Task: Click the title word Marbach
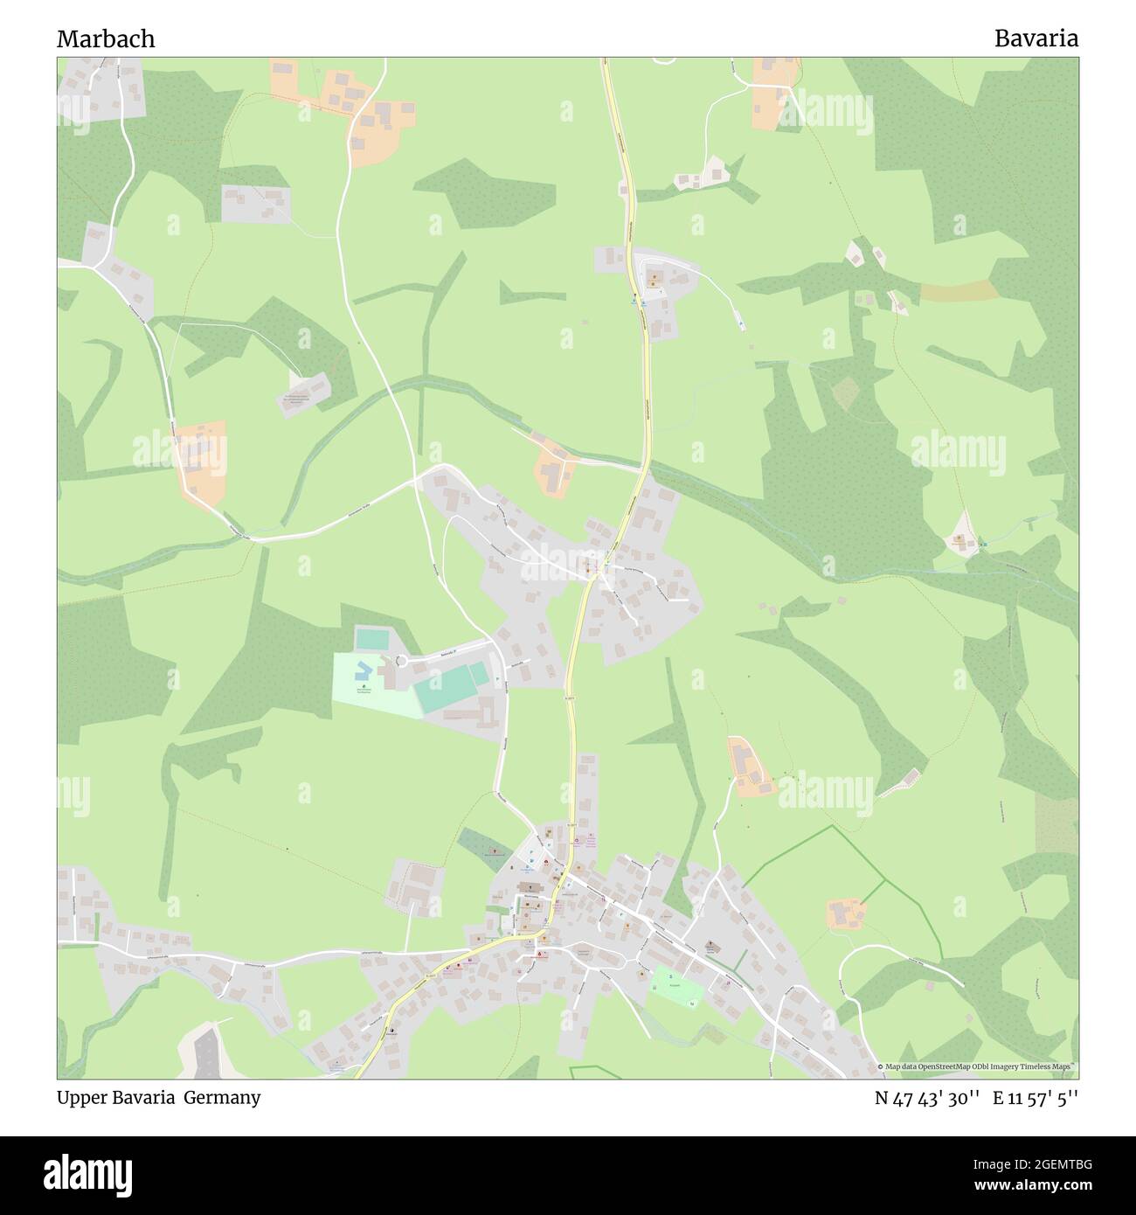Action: [x=106, y=38]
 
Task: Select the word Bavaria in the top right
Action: [x=1036, y=38]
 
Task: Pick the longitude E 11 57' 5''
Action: [x=1035, y=1099]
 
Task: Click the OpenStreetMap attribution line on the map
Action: [x=977, y=1066]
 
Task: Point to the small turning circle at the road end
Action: [x=401, y=662]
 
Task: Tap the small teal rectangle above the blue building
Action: [x=372, y=639]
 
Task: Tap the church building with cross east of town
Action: [x=710, y=945]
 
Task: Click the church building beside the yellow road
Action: [x=530, y=888]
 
